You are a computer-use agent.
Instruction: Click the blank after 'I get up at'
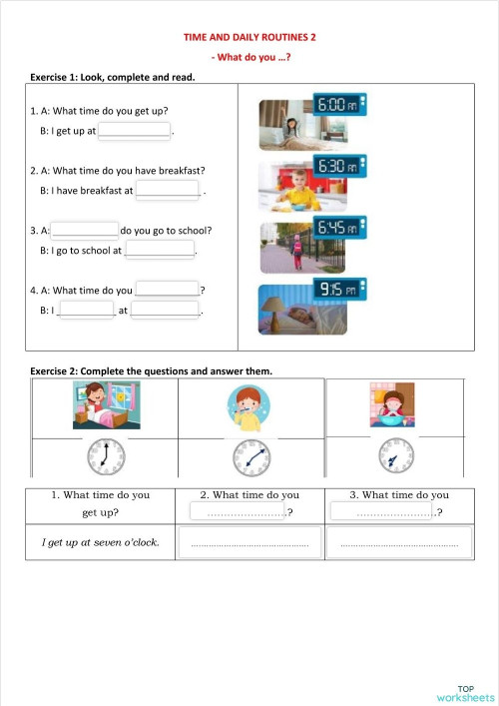click(x=134, y=130)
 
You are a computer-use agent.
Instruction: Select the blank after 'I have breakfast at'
click(x=168, y=190)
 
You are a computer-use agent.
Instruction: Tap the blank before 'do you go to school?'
click(x=85, y=230)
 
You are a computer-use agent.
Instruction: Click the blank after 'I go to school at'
click(x=159, y=251)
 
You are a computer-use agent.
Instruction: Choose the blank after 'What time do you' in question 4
click(x=167, y=290)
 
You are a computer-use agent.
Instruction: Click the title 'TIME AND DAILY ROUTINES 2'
click(x=249, y=37)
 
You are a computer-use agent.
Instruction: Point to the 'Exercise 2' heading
click(x=151, y=371)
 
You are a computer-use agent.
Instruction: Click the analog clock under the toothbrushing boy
click(x=251, y=458)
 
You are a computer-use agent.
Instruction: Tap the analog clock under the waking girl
click(x=105, y=456)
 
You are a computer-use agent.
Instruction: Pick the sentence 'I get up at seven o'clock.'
click(x=100, y=543)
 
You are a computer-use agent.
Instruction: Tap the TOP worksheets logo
click(x=465, y=692)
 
